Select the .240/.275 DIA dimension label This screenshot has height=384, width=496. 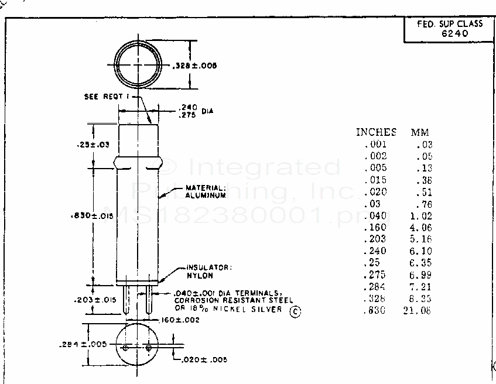(194, 111)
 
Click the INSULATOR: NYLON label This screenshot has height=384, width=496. (208, 271)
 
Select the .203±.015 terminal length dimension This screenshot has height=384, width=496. (94, 300)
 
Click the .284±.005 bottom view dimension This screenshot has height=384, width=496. (83, 344)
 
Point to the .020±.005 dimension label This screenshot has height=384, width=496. (204, 359)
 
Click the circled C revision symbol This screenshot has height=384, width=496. (295, 312)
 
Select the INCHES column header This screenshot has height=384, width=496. (376, 132)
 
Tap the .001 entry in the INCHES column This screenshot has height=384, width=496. (375, 144)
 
